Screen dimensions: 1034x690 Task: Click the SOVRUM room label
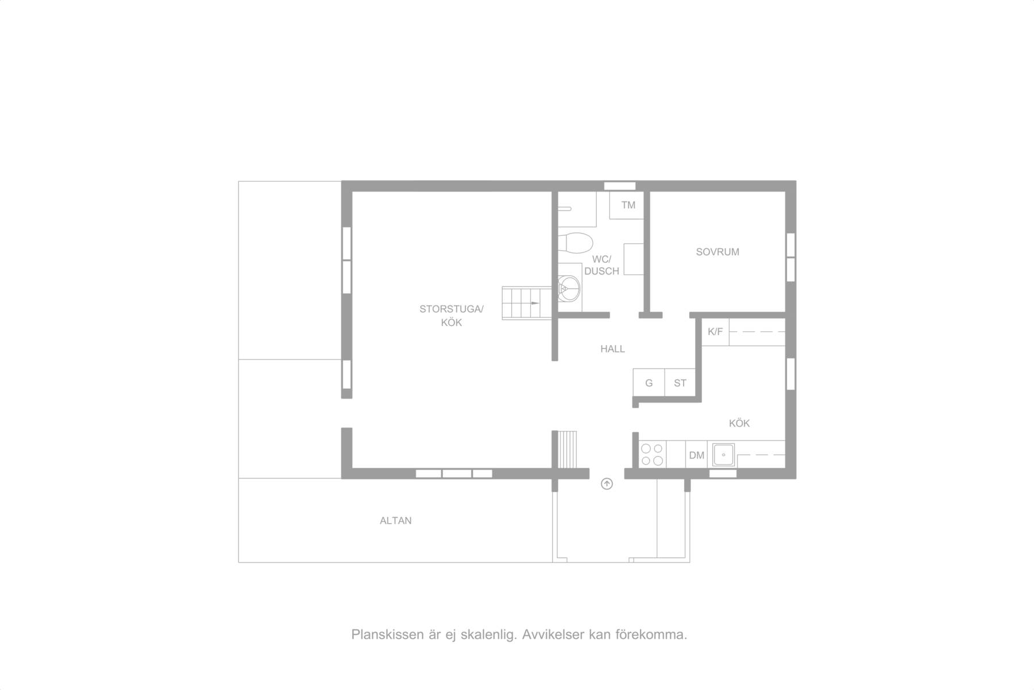point(717,252)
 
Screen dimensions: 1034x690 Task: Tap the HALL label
point(612,349)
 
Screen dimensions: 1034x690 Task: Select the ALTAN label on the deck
point(396,521)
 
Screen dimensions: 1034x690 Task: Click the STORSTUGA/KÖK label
point(452,316)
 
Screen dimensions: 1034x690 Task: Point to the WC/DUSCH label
point(601,265)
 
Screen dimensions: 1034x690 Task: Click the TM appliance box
point(627,205)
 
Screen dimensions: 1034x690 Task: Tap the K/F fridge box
point(715,332)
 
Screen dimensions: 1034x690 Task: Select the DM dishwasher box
point(697,455)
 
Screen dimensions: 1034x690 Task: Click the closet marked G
point(649,382)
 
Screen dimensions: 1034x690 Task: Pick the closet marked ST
point(680,382)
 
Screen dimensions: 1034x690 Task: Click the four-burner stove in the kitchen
point(652,454)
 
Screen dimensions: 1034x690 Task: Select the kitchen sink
point(723,455)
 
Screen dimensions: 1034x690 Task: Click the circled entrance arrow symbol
point(607,484)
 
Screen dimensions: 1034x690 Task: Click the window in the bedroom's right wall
point(791,257)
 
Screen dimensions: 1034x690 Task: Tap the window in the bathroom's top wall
point(620,186)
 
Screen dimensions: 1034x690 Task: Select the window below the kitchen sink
point(723,474)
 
